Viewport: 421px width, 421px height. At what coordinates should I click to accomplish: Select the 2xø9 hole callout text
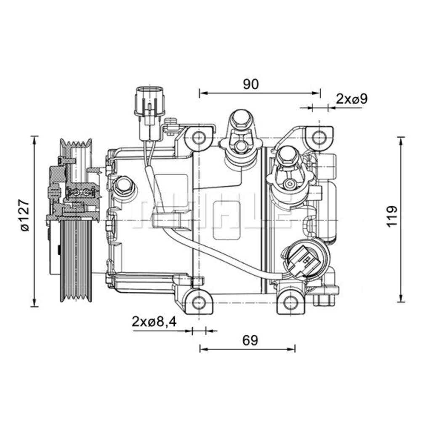click(x=352, y=99)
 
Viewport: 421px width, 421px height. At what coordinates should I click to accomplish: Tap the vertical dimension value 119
click(x=392, y=216)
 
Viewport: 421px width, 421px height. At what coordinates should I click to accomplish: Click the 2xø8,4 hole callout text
click(x=154, y=322)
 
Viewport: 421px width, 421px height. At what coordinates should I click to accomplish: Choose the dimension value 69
click(x=250, y=340)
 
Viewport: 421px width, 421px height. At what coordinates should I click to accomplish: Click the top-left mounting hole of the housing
click(x=199, y=137)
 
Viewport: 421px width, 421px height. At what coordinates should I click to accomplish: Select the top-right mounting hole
click(x=319, y=137)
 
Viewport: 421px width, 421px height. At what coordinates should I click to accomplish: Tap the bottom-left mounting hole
click(x=199, y=301)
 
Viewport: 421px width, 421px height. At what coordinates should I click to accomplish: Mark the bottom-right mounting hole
click(x=290, y=301)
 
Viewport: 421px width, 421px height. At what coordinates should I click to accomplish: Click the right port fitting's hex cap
click(x=288, y=157)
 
